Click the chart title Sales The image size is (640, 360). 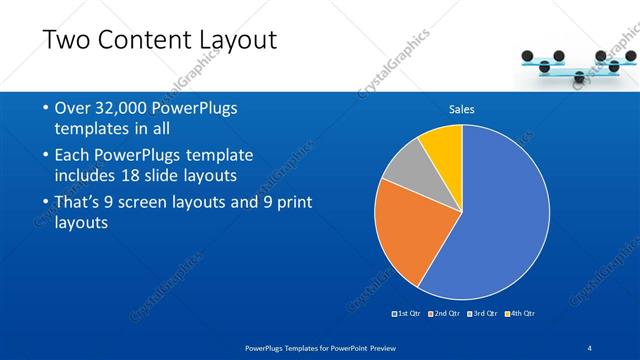coord(461,109)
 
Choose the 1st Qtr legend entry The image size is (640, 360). coord(407,314)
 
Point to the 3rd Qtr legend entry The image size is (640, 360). coord(482,314)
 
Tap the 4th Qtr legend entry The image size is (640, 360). coord(520,314)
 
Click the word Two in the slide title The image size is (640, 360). coord(70,41)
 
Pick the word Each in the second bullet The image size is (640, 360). coord(73,155)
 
